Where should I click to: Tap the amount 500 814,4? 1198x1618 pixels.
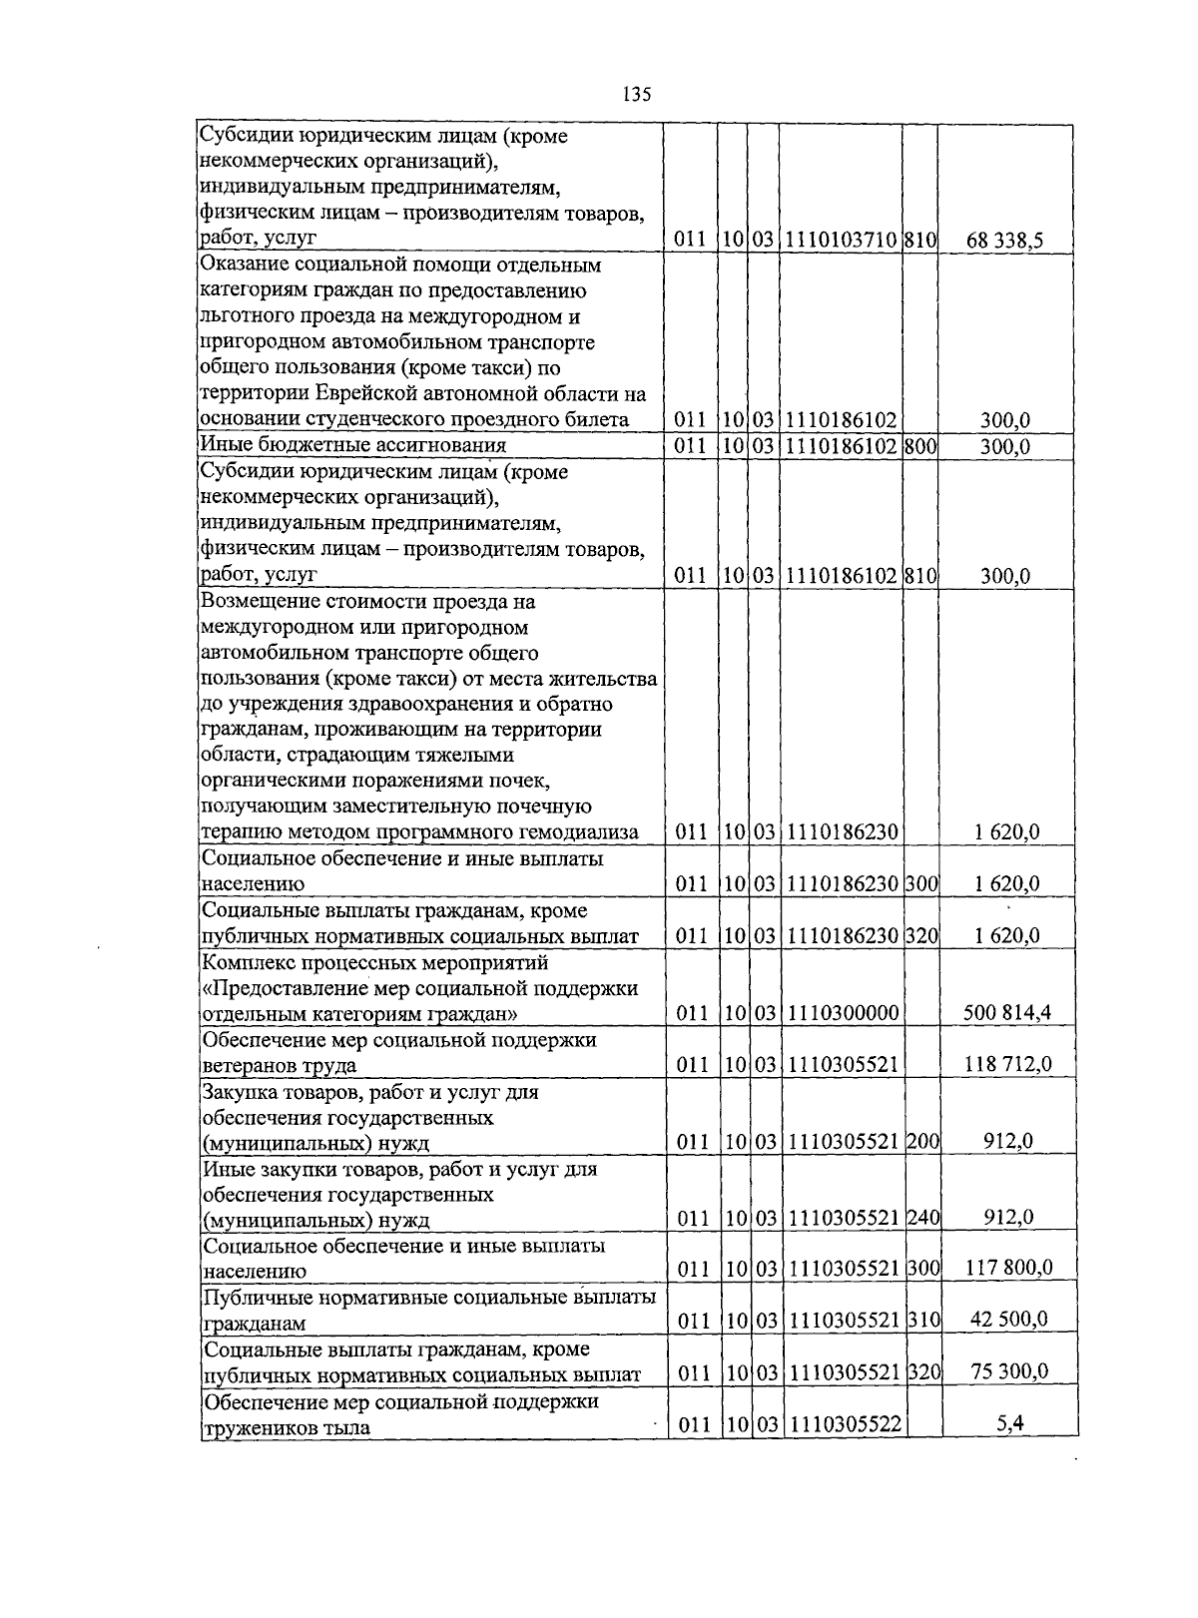(1007, 1014)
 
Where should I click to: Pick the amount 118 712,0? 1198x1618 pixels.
(1007, 1065)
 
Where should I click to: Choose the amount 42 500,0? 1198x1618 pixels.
(1009, 1320)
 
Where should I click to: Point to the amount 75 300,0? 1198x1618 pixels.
(1009, 1371)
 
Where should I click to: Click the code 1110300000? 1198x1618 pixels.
(843, 1014)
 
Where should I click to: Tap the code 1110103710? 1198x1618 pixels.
(841, 240)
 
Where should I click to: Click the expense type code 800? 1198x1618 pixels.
(919, 446)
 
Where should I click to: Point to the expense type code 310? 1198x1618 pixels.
(924, 1321)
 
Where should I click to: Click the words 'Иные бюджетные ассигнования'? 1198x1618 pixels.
(353, 445)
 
